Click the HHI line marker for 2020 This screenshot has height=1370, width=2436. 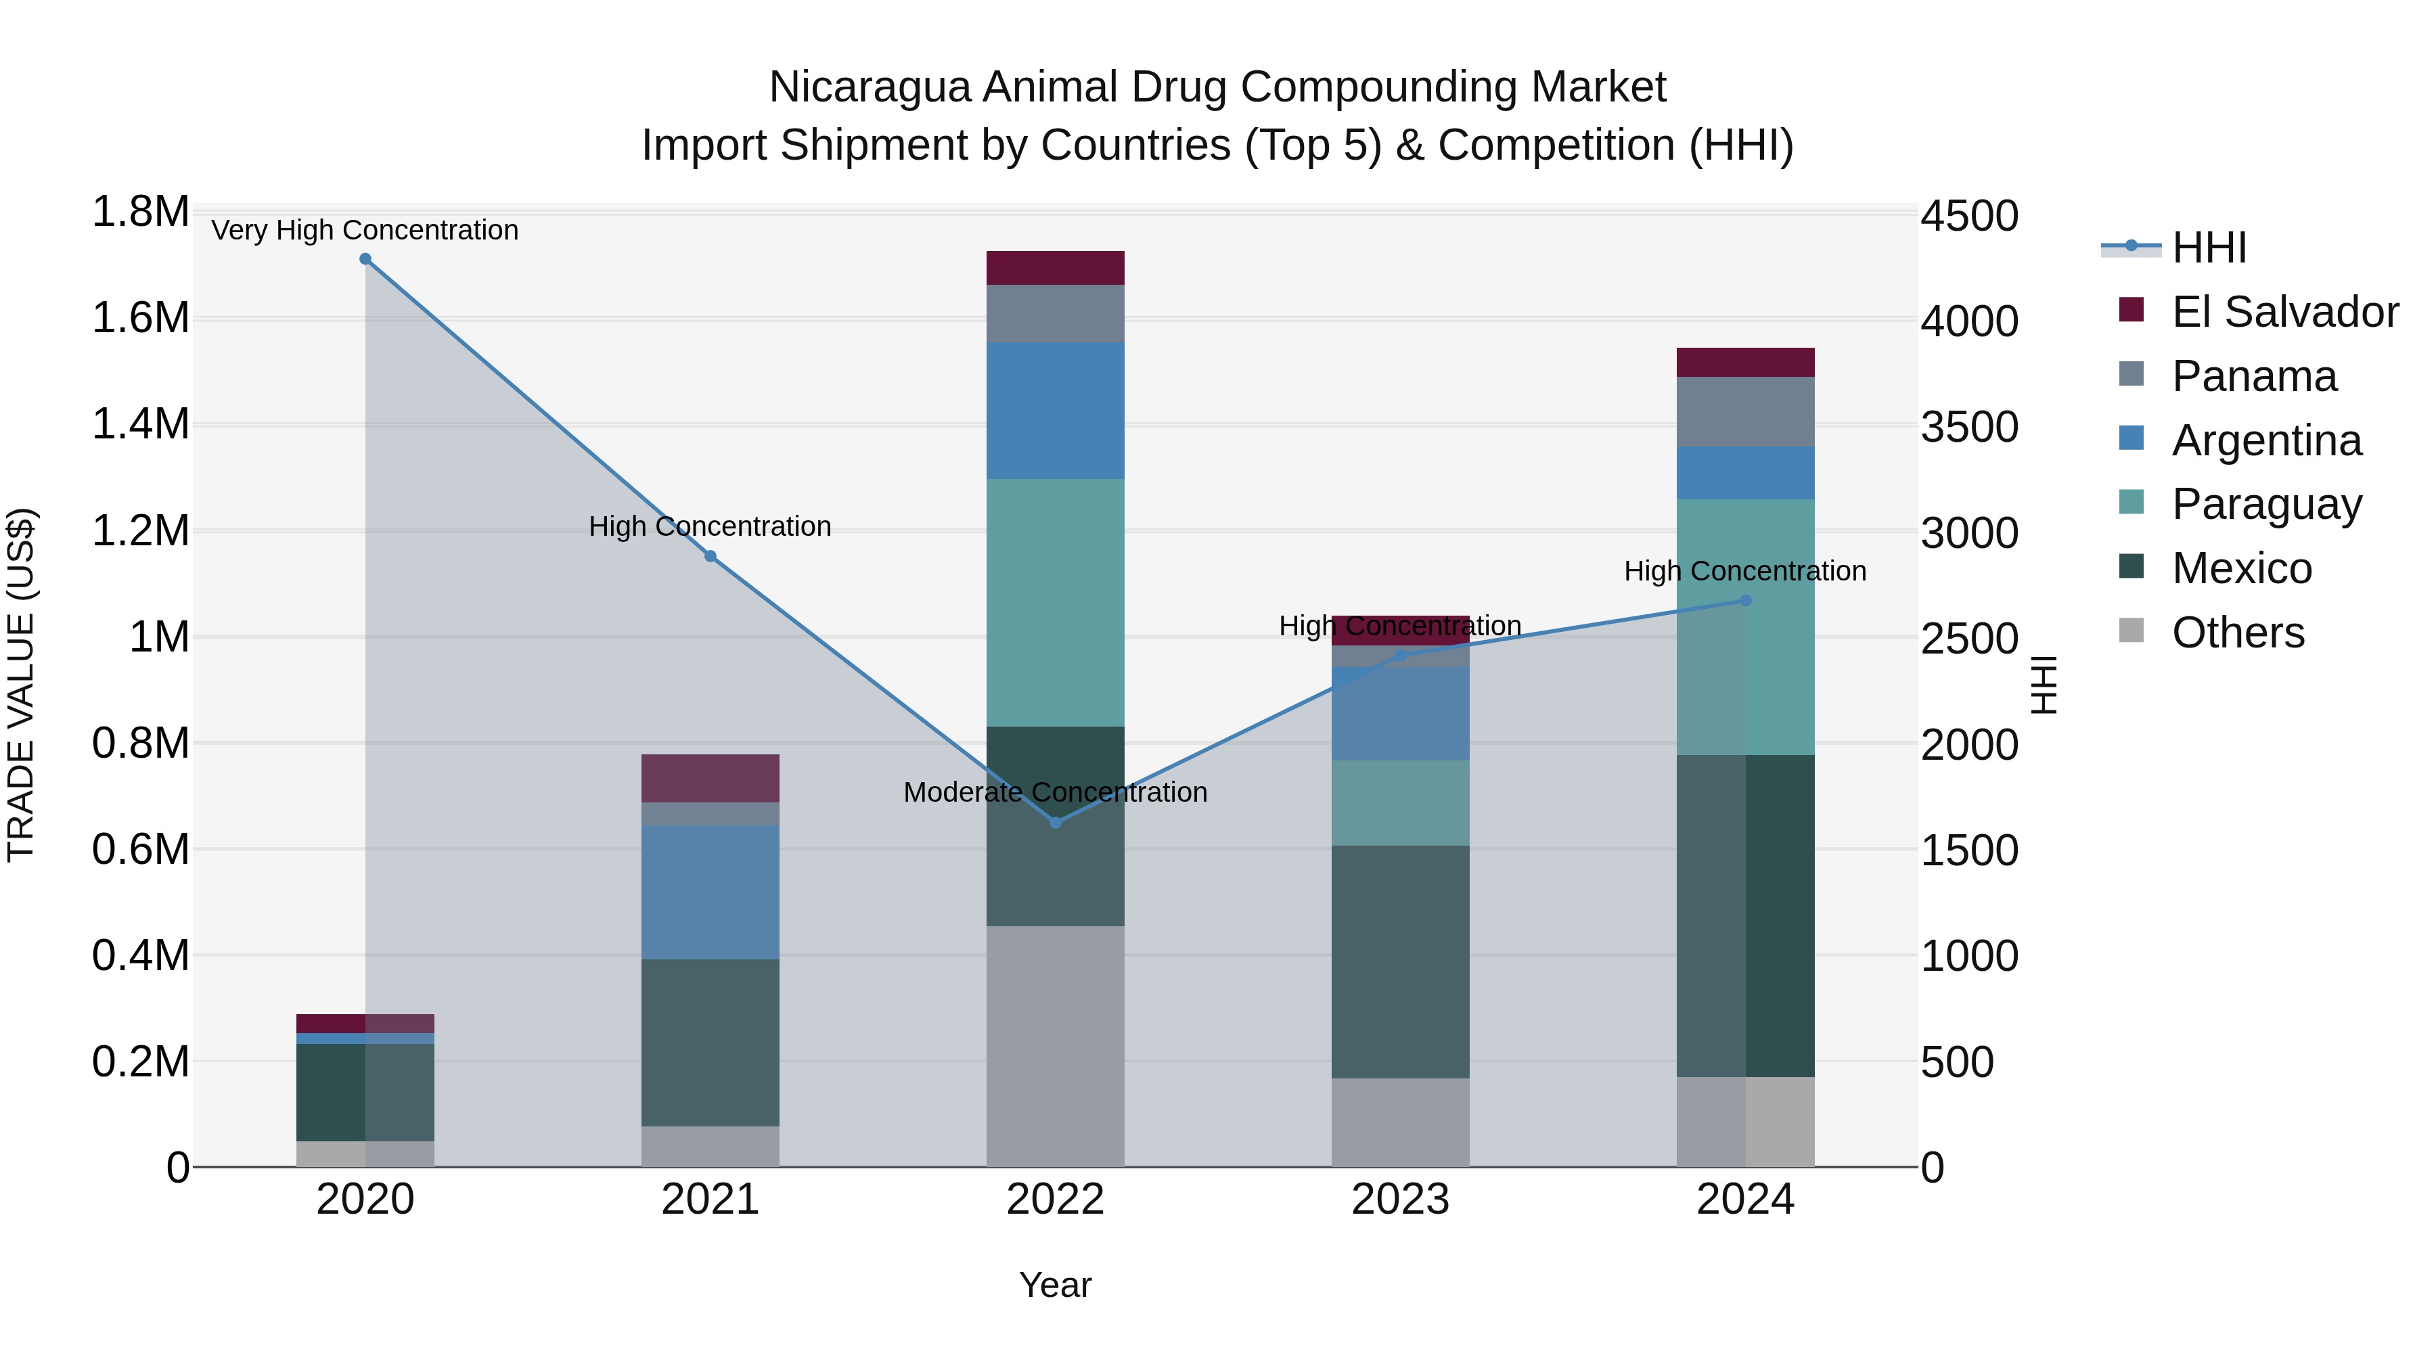pos(365,259)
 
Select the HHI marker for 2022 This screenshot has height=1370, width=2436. pos(1056,823)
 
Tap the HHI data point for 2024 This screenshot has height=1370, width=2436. pos(1746,600)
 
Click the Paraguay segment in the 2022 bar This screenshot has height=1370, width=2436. pos(1056,602)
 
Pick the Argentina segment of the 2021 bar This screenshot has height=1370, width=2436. pos(710,892)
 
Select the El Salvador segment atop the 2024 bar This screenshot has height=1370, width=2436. pos(1746,362)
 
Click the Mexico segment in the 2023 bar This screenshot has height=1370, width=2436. pos(1401,961)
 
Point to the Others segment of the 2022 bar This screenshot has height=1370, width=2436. pos(1056,1046)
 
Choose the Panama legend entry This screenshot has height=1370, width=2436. pos(2253,376)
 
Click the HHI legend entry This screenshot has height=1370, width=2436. pos(2208,248)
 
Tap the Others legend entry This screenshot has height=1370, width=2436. pos(2238,633)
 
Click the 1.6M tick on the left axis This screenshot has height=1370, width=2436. pos(140,319)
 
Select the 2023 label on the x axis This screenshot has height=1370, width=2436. pos(1401,1200)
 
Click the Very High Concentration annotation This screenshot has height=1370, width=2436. pos(365,231)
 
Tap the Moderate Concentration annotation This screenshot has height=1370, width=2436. pos(1056,792)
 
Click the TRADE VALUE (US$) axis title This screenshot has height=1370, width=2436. pos(21,685)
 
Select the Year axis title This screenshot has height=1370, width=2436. pos(1056,1285)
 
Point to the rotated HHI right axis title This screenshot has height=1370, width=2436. pos(2044,685)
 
